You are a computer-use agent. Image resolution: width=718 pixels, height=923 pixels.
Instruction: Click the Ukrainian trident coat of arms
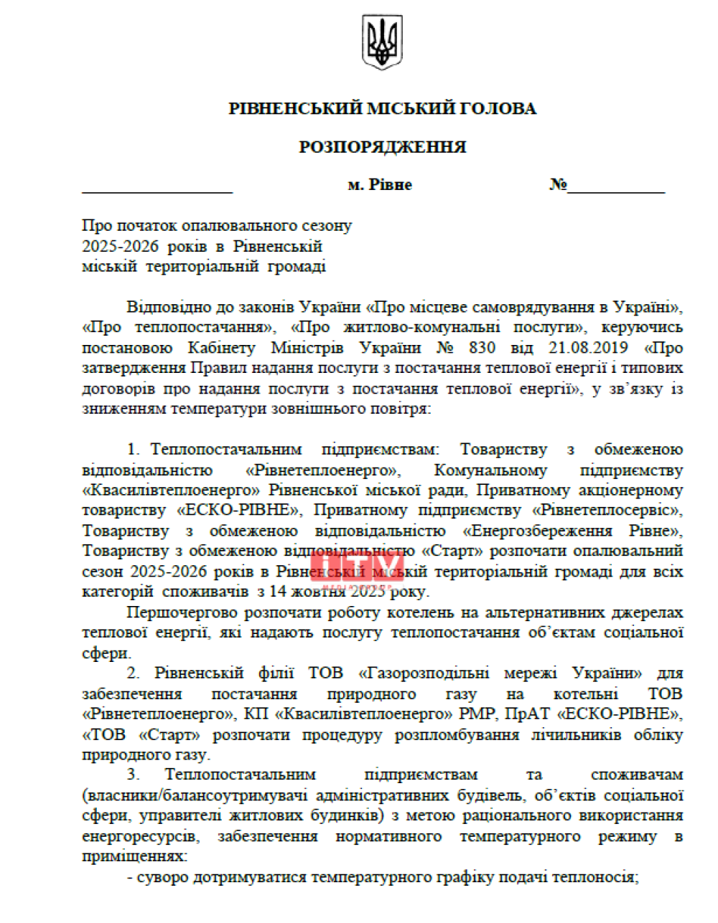pos(382,44)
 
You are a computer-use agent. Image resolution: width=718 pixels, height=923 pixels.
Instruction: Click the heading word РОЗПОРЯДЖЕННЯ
pos(382,147)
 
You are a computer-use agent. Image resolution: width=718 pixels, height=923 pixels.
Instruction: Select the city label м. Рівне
pos(380,185)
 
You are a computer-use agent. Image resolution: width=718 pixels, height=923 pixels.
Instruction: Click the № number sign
pos(558,185)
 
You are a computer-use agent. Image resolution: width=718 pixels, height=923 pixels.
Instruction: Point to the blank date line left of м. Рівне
pos(157,191)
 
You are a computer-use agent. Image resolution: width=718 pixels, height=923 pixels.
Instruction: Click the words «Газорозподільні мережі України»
pos(500,673)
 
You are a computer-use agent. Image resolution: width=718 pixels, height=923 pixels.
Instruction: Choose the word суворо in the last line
pos(162,877)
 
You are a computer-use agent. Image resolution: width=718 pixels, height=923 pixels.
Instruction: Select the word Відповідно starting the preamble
pos(169,307)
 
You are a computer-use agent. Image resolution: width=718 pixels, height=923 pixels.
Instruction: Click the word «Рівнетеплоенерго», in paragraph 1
pos(322,470)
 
